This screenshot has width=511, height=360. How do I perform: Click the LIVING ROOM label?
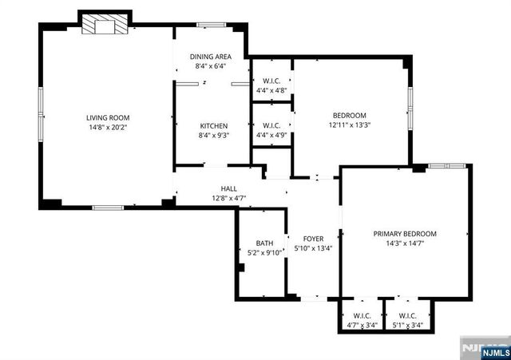point(108,117)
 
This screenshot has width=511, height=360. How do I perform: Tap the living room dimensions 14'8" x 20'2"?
point(108,126)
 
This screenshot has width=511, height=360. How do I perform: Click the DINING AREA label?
point(211,57)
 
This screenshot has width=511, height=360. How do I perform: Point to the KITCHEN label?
point(214,125)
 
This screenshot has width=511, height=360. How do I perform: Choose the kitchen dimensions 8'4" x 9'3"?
point(214,135)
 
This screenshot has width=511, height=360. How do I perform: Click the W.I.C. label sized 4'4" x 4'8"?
point(271,81)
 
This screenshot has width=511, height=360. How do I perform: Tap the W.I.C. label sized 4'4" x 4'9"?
point(271,125)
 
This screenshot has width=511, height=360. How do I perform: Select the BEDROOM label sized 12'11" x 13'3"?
point(349,115)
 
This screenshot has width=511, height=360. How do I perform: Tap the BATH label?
point(264,243)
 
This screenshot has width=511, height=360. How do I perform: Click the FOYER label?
point(312,238)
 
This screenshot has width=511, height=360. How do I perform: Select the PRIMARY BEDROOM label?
point(405,233)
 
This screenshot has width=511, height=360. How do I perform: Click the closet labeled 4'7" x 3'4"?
point(362,320)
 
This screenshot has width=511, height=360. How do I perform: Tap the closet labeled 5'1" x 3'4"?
point(408,320)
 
